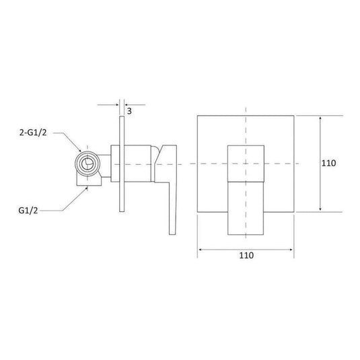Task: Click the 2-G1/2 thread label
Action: click(33, 133)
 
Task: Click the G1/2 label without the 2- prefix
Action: click(28, 211)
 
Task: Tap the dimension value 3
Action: click(129, 111)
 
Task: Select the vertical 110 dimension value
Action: click(328, 164)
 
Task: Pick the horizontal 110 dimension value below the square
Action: click(246, 255)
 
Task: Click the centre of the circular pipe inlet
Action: click(87, 164)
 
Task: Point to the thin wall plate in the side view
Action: click(122, 164)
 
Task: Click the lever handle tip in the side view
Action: click(172, 233)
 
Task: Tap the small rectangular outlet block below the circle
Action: click(89, 181)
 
